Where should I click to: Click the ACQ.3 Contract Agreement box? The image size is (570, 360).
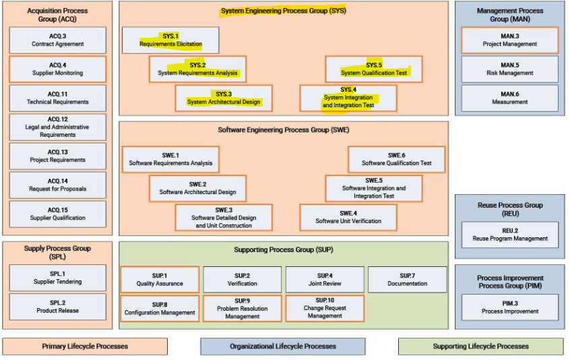click(x=57, y=40)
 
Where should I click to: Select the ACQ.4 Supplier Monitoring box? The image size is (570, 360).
click(x=57, y=69)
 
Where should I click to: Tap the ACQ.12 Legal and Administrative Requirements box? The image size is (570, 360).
click(x=57, y=127)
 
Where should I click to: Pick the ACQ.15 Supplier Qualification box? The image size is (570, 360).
click(x=57, y=214)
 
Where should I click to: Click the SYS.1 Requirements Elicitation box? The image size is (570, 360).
click(x=170, y=40)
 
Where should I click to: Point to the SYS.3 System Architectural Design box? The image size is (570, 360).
click(x=224, y=98)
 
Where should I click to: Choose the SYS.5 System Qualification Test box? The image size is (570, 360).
click(x=373, y=69)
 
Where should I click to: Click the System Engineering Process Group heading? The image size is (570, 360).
click(x=283, y=11)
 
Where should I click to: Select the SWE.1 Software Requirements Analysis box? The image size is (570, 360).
click(x=170, y=159)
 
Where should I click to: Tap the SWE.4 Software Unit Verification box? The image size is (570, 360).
click(x=348, y=217)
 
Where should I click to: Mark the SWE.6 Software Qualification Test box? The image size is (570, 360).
click(x=396, y=159)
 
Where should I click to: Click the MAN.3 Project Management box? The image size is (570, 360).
click(x=509, y=40)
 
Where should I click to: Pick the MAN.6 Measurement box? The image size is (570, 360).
click(x=509, y=98)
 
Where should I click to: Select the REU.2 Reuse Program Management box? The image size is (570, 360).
click(x=509, y=234)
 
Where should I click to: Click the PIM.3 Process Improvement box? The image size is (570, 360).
click(x=509, y=307)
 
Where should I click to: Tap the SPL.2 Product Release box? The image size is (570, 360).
click(x=57, y=307)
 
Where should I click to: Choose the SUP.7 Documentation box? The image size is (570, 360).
click(x=407, y=279)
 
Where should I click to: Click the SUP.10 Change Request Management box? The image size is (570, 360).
click(x=324, y=308)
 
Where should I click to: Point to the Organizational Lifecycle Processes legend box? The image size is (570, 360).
click(x=282, y=347)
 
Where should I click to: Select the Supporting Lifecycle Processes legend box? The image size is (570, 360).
click(x=480, y=347)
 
